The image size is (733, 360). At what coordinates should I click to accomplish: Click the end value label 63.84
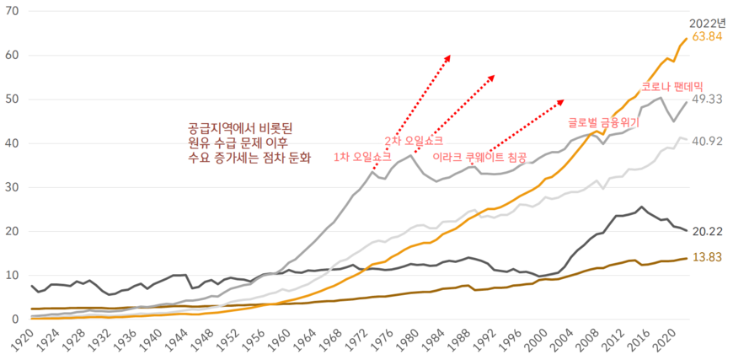point(706,37)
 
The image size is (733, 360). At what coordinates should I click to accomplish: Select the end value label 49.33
point(706,99)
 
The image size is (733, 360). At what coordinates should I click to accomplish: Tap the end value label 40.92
point(706,142)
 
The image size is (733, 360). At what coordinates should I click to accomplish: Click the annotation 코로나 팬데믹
point(671,86)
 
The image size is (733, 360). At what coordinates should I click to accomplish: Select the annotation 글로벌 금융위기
point(604,122)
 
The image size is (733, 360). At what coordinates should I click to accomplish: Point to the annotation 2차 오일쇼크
point(413,141)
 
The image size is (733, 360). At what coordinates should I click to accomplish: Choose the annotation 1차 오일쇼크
point(362,157)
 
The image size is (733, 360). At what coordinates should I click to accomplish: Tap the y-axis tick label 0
point(13,320)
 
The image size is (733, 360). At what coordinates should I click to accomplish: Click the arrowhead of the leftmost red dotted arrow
point(449,57)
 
